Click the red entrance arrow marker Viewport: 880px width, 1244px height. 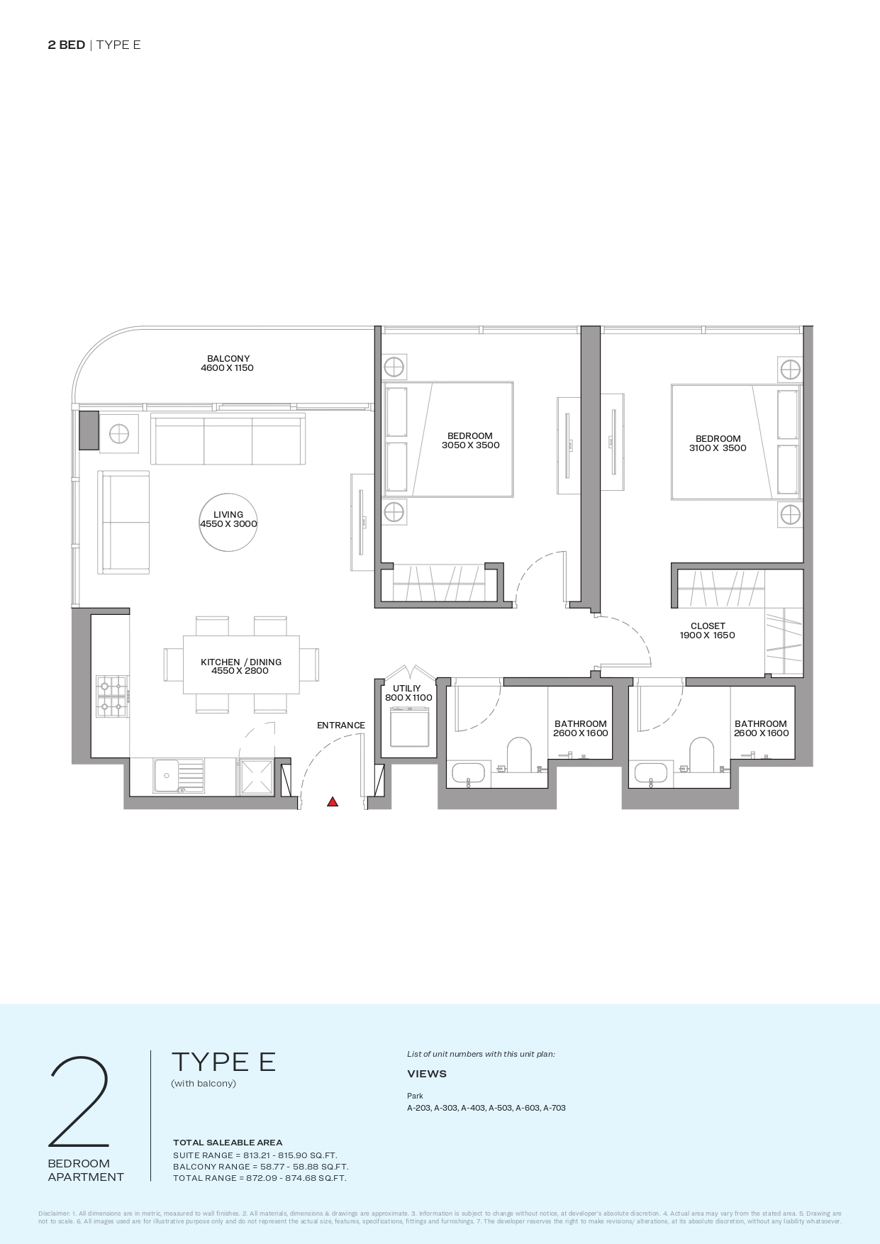(333, 801)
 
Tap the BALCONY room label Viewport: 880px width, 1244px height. (228, 359)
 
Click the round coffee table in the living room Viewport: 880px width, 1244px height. (228, 523)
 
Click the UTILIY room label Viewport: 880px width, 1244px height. (407, 688)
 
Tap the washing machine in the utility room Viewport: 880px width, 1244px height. (409, 726)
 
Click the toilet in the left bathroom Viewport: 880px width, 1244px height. (519, 755)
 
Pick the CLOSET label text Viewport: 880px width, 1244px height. (708, 626)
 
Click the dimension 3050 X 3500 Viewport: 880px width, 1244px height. (470, 445)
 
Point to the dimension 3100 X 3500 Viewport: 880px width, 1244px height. (718, 448)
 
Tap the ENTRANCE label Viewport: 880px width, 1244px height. (341, 725)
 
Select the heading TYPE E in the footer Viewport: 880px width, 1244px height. (223, 1062)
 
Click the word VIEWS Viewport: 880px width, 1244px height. (427, 1074)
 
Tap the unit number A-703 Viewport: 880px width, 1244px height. (555, 1108)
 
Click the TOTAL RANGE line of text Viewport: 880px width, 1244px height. (260, 1178)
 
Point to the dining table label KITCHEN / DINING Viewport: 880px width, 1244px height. (241, 662)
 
